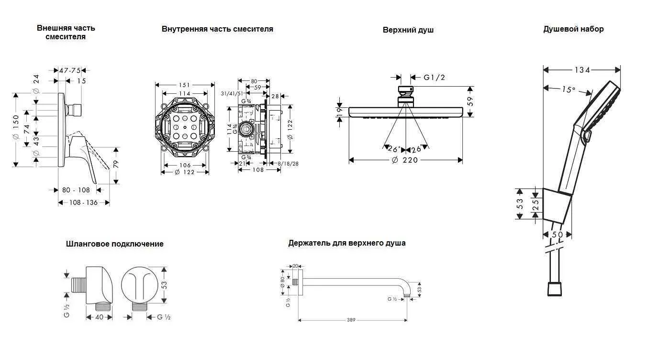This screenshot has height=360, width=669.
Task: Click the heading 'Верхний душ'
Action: click(x=408, y=30)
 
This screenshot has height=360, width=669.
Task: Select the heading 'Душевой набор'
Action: click(x=573, y=29)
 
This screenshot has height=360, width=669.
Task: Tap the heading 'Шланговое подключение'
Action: click(x=114, y=244)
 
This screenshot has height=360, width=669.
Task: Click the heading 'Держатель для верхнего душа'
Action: click(x=346, y=243)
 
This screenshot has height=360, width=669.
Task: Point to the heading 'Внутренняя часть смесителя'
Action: click(x=217, y=29)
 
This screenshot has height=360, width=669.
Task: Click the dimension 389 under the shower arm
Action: click(x=351, y=320)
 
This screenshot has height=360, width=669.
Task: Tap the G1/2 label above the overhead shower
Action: click(x=434, y=77)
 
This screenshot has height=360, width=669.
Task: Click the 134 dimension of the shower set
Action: click(x=582, y=70)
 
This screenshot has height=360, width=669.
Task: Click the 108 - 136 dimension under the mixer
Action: click(x=84, y=202)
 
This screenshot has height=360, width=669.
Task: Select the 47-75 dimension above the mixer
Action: click(x=70, y=70)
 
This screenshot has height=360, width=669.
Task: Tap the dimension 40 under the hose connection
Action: click(x=100, y=317)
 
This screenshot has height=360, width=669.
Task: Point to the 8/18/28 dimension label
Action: click(x=288, y=164)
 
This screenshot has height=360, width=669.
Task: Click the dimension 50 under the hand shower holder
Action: click(x=557, y=235)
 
